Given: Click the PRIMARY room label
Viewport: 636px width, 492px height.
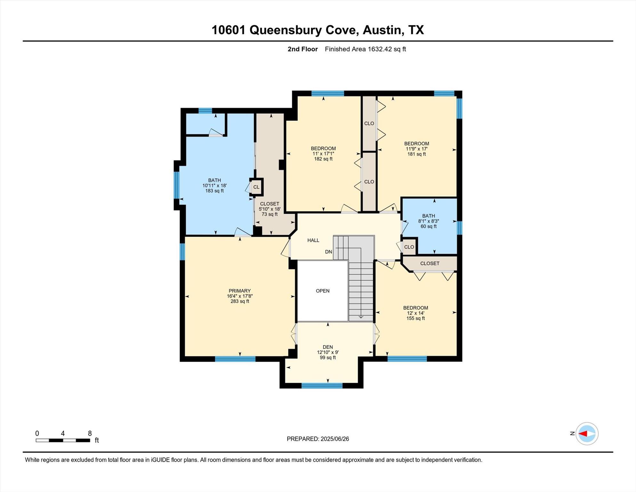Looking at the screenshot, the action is pos(239,291).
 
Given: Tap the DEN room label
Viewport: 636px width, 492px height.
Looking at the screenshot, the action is pos(328,347).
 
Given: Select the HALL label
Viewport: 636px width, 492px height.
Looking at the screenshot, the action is pos(313,240).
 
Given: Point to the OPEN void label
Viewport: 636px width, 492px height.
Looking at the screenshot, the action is pos(323,291).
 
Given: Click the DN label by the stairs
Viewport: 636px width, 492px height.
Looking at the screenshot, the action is pos(328,252).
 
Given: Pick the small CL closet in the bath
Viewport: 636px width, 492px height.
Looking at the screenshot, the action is pos(256,187).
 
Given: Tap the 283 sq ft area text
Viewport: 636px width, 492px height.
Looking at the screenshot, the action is pos(240,301).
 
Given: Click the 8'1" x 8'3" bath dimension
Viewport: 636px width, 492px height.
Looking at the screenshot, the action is pos(429,221).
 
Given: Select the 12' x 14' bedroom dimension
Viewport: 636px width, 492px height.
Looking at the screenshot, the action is pos(415,313).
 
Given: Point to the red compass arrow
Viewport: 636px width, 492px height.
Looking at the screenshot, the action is pos(583,434).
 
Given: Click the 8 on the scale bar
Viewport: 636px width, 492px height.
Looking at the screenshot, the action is pos(90,433).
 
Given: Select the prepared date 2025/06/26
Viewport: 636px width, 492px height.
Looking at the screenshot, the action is pos(335,439).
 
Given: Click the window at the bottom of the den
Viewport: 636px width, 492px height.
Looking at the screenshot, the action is pos(322,386).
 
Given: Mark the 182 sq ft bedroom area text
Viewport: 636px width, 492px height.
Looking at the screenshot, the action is pos(323,159).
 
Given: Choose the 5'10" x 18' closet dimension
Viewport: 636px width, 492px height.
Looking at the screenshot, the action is pos(270,209).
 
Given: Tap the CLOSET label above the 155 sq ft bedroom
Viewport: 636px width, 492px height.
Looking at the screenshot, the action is pos(430,263).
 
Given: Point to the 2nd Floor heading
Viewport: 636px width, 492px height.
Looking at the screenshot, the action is pos(302,49).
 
